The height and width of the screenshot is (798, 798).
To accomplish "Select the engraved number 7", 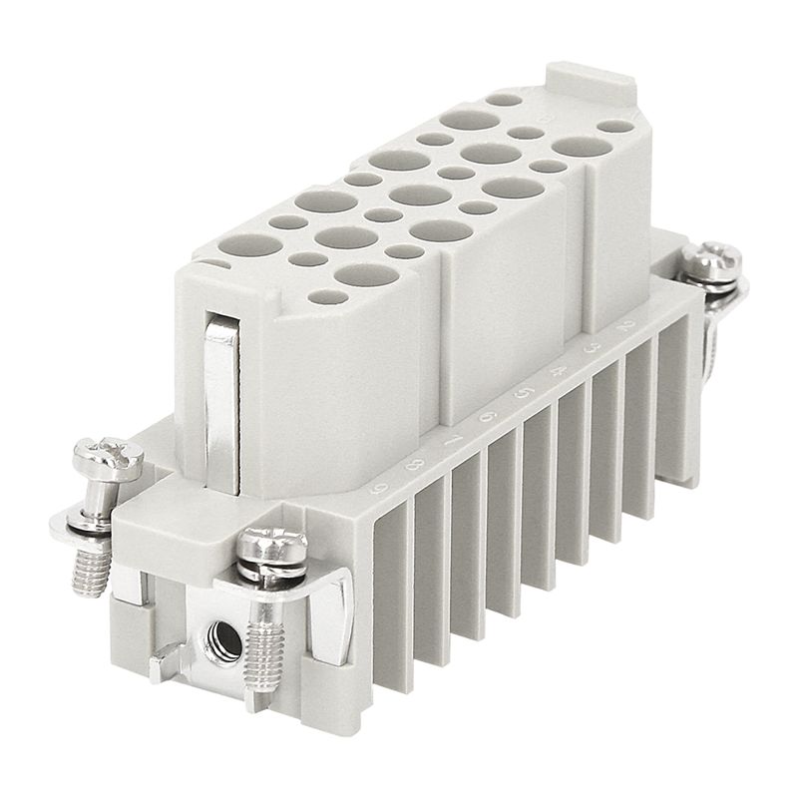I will pos(452,440).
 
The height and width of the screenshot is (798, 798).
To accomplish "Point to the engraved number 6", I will pos(487,417).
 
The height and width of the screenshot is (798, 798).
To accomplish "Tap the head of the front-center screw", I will pos(271,544).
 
